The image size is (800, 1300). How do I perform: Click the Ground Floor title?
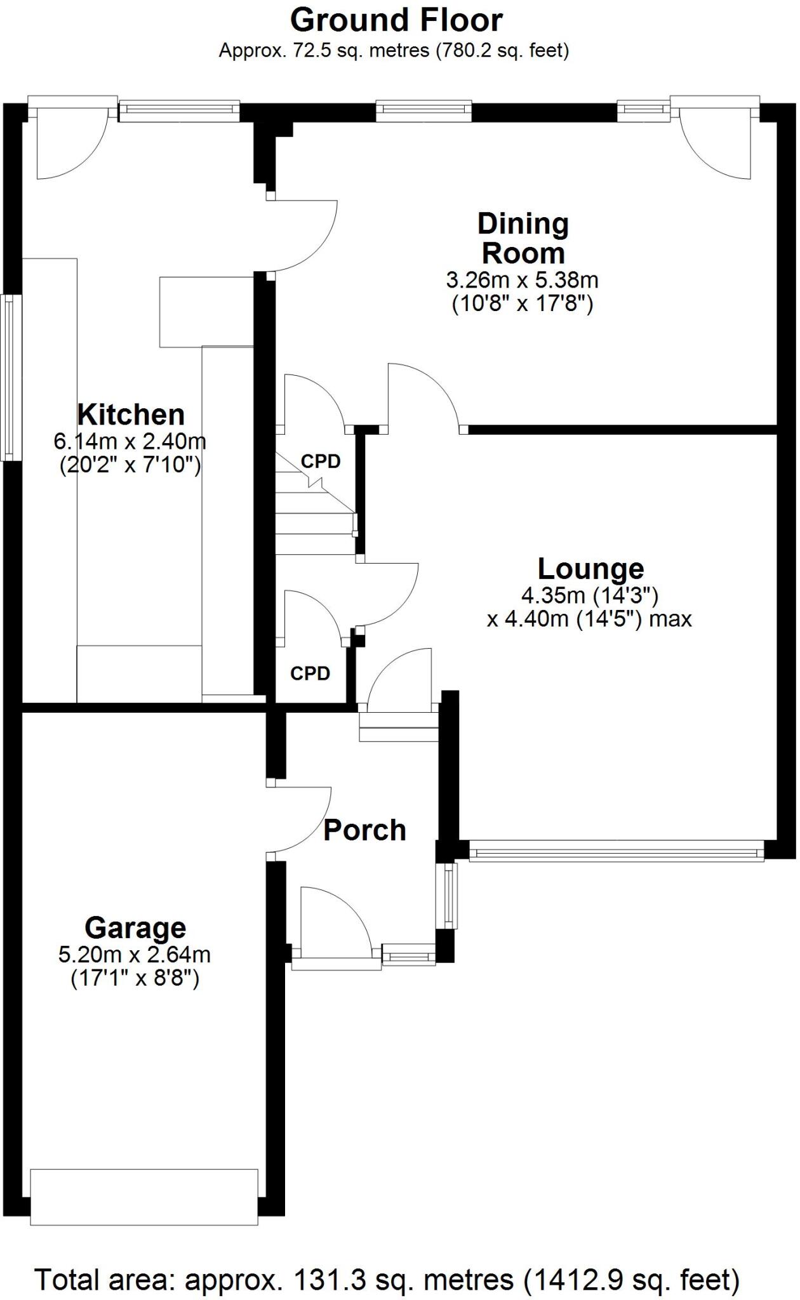(x=396, y=20)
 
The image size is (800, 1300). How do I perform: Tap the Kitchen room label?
(x=131, y=415)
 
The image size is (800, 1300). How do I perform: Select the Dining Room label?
(x=523, y=238)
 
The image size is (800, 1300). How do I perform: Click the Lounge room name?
(x=590, y=569)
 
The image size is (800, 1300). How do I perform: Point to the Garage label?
(x=135, y=928)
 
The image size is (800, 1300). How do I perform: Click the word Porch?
(x=364, y=830)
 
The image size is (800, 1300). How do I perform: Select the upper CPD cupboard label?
(x=321, y=462)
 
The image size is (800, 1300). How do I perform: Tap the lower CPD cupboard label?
(x=310, y=673)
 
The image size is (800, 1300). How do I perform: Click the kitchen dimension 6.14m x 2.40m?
(x=130, y=441)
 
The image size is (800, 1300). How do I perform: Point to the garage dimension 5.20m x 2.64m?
(x=135, y=954)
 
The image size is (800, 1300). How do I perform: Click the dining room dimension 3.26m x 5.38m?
(x=522, y=279)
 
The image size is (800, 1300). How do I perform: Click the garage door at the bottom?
(x=144, y=1197)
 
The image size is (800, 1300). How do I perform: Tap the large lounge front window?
(x=616, y=851)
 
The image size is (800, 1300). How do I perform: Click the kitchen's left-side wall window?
(x=10, y=378)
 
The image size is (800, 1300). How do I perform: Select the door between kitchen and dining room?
(x=302, y=236)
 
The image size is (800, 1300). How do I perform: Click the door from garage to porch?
(x=298, y=819)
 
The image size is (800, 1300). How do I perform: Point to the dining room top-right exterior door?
(x=714, y=136)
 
